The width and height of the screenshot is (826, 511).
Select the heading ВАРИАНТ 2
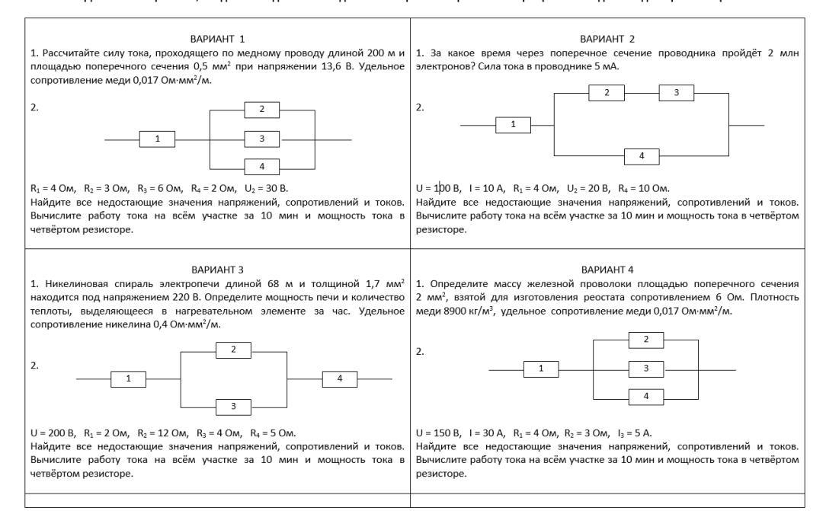tap(607, 38)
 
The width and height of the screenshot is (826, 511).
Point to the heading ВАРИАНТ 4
tap(607, 269)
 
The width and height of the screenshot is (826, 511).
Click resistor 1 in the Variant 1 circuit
tap(158, 139)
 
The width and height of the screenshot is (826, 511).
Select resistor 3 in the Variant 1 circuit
tap(262, 139)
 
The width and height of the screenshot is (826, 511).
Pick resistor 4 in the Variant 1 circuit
tap(262, 166)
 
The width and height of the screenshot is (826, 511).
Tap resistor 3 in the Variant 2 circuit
tap(676, 92)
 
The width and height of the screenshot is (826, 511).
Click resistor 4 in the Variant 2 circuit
tap(642, 156)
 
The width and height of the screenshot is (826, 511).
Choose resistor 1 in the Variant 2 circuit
tap(514, 124)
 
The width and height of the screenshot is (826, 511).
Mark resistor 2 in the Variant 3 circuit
tap(234, 350)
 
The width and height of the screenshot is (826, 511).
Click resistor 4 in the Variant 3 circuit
tap(341, 378)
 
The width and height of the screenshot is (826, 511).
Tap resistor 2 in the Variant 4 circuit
tap(646, 340)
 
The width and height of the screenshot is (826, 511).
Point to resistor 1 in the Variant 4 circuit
tap(542, 369)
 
